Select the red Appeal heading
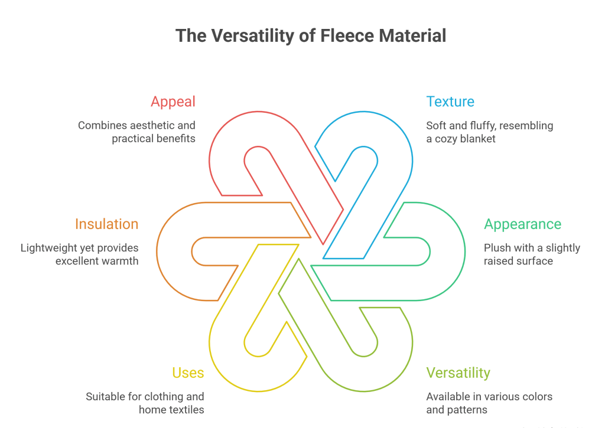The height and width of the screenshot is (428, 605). coord(173,102)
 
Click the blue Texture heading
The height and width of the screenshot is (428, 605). coord(450,102)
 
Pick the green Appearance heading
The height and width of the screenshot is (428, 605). coord(522,224)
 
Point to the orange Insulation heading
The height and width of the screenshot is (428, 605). coord(106,224)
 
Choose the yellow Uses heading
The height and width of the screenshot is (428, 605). coord(188,373)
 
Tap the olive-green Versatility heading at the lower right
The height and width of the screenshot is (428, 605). coord(458,373)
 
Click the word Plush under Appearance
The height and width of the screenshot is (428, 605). coord(497,248)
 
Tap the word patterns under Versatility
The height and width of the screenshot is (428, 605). coord(467,410)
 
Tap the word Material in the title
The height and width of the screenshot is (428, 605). coord(413,36)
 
